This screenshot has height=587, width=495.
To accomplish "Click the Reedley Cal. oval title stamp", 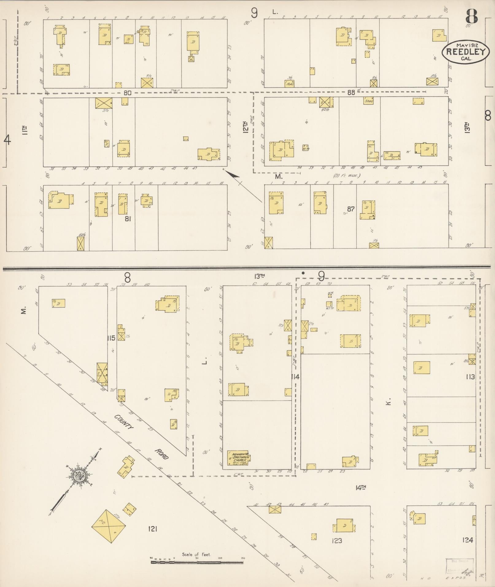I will pos(465,51).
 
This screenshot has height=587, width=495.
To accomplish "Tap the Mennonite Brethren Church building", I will pos(238,458).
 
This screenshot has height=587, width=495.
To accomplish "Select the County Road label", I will pos(141,437).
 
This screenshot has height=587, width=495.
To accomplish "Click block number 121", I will pos(153,529).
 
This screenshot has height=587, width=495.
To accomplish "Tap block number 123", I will pos(337,541).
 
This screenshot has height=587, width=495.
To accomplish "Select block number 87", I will pos(351,209).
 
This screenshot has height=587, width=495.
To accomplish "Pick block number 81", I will pos(128,219).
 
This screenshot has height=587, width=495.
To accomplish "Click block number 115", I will pos(111,338).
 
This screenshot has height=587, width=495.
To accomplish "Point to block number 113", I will pos(470,377).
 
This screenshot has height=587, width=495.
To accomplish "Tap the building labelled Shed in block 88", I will pos(368,101).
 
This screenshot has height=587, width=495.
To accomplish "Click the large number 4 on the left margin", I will pos(7,140).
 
